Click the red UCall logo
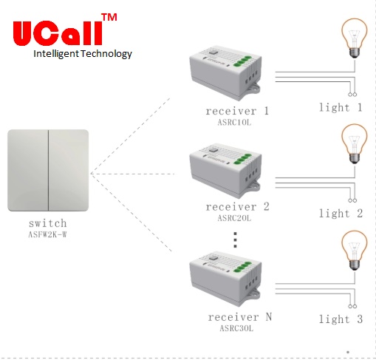58,33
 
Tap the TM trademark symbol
109,17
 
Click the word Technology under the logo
106,54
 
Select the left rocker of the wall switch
28,170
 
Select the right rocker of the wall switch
69,170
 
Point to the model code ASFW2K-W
47,234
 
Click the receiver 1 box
225,73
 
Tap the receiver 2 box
225,171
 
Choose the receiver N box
225,279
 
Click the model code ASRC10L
234,122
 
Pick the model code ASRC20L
234,218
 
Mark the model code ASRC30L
236,328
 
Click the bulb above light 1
355,38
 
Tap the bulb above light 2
355,144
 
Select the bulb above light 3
355,251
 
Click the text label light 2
341,213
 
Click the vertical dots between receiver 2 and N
235,240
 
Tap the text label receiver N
240,317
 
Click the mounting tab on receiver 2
254,186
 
